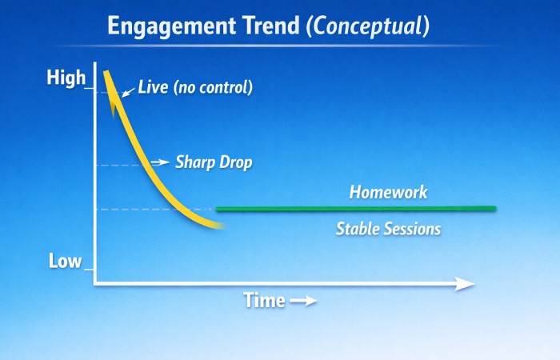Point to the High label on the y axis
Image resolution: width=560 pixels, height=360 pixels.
tap(66, 78)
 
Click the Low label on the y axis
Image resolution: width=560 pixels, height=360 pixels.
tap(65, 261)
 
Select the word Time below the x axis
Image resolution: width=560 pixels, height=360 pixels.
tap(264, 301)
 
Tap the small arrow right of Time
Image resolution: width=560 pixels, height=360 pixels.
tap(303, 302)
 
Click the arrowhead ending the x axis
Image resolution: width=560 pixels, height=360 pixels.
tap(466, 283)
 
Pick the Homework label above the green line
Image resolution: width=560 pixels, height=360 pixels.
tap(388, 193)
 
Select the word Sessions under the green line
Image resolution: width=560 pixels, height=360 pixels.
tap(414, 229)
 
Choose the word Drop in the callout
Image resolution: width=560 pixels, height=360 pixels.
tap(237, 162)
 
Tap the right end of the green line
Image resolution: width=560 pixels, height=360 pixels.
tap(494, 209)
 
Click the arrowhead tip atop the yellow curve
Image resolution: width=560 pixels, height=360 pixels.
tap(106, 72)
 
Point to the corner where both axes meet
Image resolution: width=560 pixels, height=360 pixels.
tap(94, 283)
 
